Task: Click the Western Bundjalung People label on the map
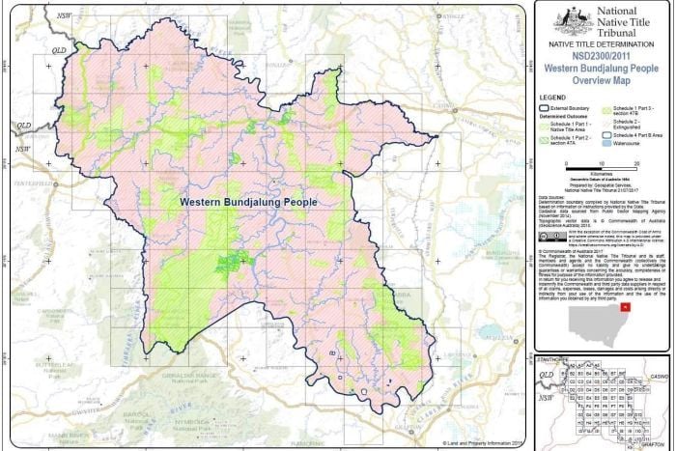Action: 249,202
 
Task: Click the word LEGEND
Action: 551,99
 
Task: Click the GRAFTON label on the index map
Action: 658,441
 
